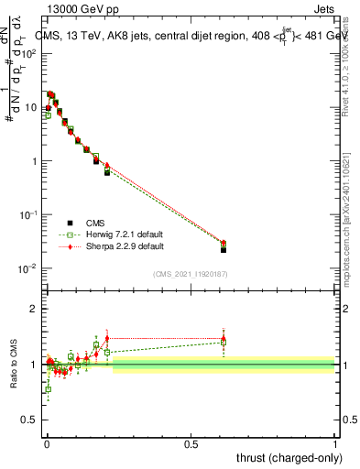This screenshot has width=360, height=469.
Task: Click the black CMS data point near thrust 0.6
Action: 224,249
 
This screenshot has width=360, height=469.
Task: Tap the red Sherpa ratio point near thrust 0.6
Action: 224,337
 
